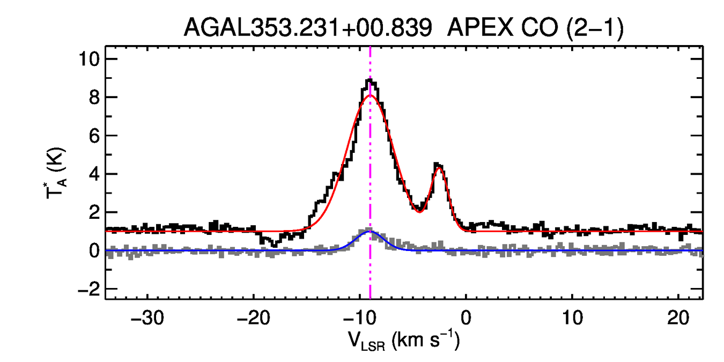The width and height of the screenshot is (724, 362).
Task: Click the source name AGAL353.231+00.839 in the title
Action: click(x=308, y=27)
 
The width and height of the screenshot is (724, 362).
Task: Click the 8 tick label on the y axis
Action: click(x=94, y=97)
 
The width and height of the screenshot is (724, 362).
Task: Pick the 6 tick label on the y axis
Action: click(x=94, y=136)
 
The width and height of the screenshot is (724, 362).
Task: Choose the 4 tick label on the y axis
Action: click(x=94, y=174)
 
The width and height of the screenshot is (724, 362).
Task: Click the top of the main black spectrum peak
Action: click(x=370, y=80)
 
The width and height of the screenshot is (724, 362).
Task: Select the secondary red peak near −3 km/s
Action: click(x=439, y=168)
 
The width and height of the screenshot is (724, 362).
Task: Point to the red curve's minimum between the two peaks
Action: click(x=419, y=211)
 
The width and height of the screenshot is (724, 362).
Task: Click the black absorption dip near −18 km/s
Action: click(x=274, y=245)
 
